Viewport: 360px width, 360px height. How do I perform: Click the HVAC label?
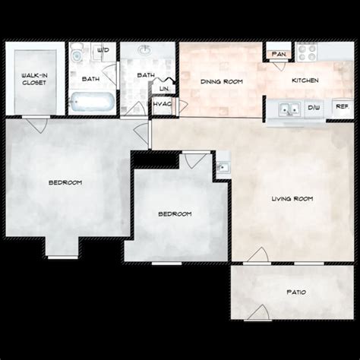pos(161,103)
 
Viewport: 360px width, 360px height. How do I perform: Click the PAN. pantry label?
pos(278,54)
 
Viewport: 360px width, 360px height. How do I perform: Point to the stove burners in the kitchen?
pos(307,52)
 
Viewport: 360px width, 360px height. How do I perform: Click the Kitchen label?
pos(305,81)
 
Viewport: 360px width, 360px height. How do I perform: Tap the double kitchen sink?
pos(288,108)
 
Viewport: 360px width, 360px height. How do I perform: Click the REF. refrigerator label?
pos(342,107)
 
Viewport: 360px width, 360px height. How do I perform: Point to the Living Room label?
pos(292,199)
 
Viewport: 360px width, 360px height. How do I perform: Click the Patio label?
pos(297,292)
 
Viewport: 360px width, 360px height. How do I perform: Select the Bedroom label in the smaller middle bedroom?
pos(175,214)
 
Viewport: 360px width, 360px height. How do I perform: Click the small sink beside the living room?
pos(223,166)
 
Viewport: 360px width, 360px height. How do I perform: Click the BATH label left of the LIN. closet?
pos(145,75)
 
